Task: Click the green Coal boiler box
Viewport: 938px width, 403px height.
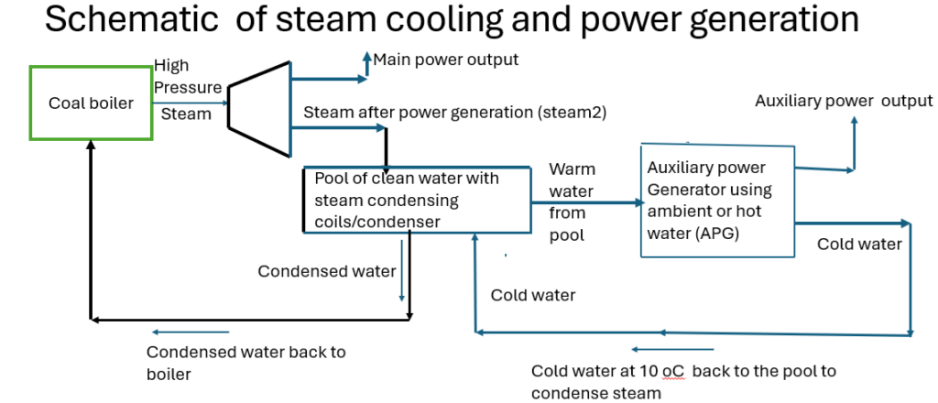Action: point(91,103)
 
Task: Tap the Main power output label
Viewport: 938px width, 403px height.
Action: point(445,60)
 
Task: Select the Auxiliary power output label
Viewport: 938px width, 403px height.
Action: point(843,101)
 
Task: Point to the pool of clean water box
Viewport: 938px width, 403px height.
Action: point(417,200)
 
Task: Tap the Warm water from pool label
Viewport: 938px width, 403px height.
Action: point(572,202)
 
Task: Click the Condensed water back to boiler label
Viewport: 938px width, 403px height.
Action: point(246,362)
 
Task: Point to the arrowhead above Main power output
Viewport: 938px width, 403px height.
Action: point(365,58)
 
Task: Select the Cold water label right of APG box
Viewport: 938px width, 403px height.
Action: point(859,244)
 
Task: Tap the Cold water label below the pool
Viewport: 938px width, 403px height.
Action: point(532,295)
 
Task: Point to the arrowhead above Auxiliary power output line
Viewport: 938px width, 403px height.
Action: point(854,121)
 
